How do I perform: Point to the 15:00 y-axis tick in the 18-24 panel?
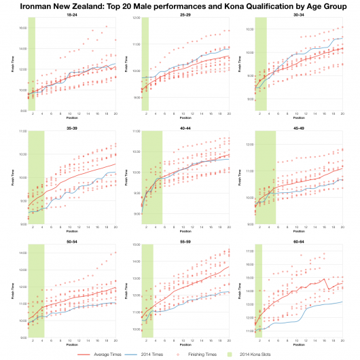pyautogui.click(x=20, y=28)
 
